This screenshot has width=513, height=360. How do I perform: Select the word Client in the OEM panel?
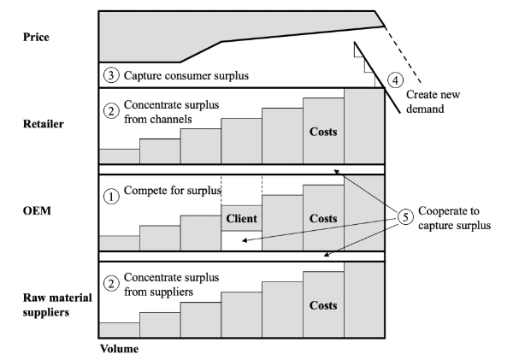tap(241, 218)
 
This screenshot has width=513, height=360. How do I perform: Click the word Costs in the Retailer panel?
tap(323, 134)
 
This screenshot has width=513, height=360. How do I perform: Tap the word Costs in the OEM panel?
tap(323, 218)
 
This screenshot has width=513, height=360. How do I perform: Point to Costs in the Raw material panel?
tap(323, 305)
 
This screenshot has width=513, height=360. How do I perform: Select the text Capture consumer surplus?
tap(186, 75)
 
